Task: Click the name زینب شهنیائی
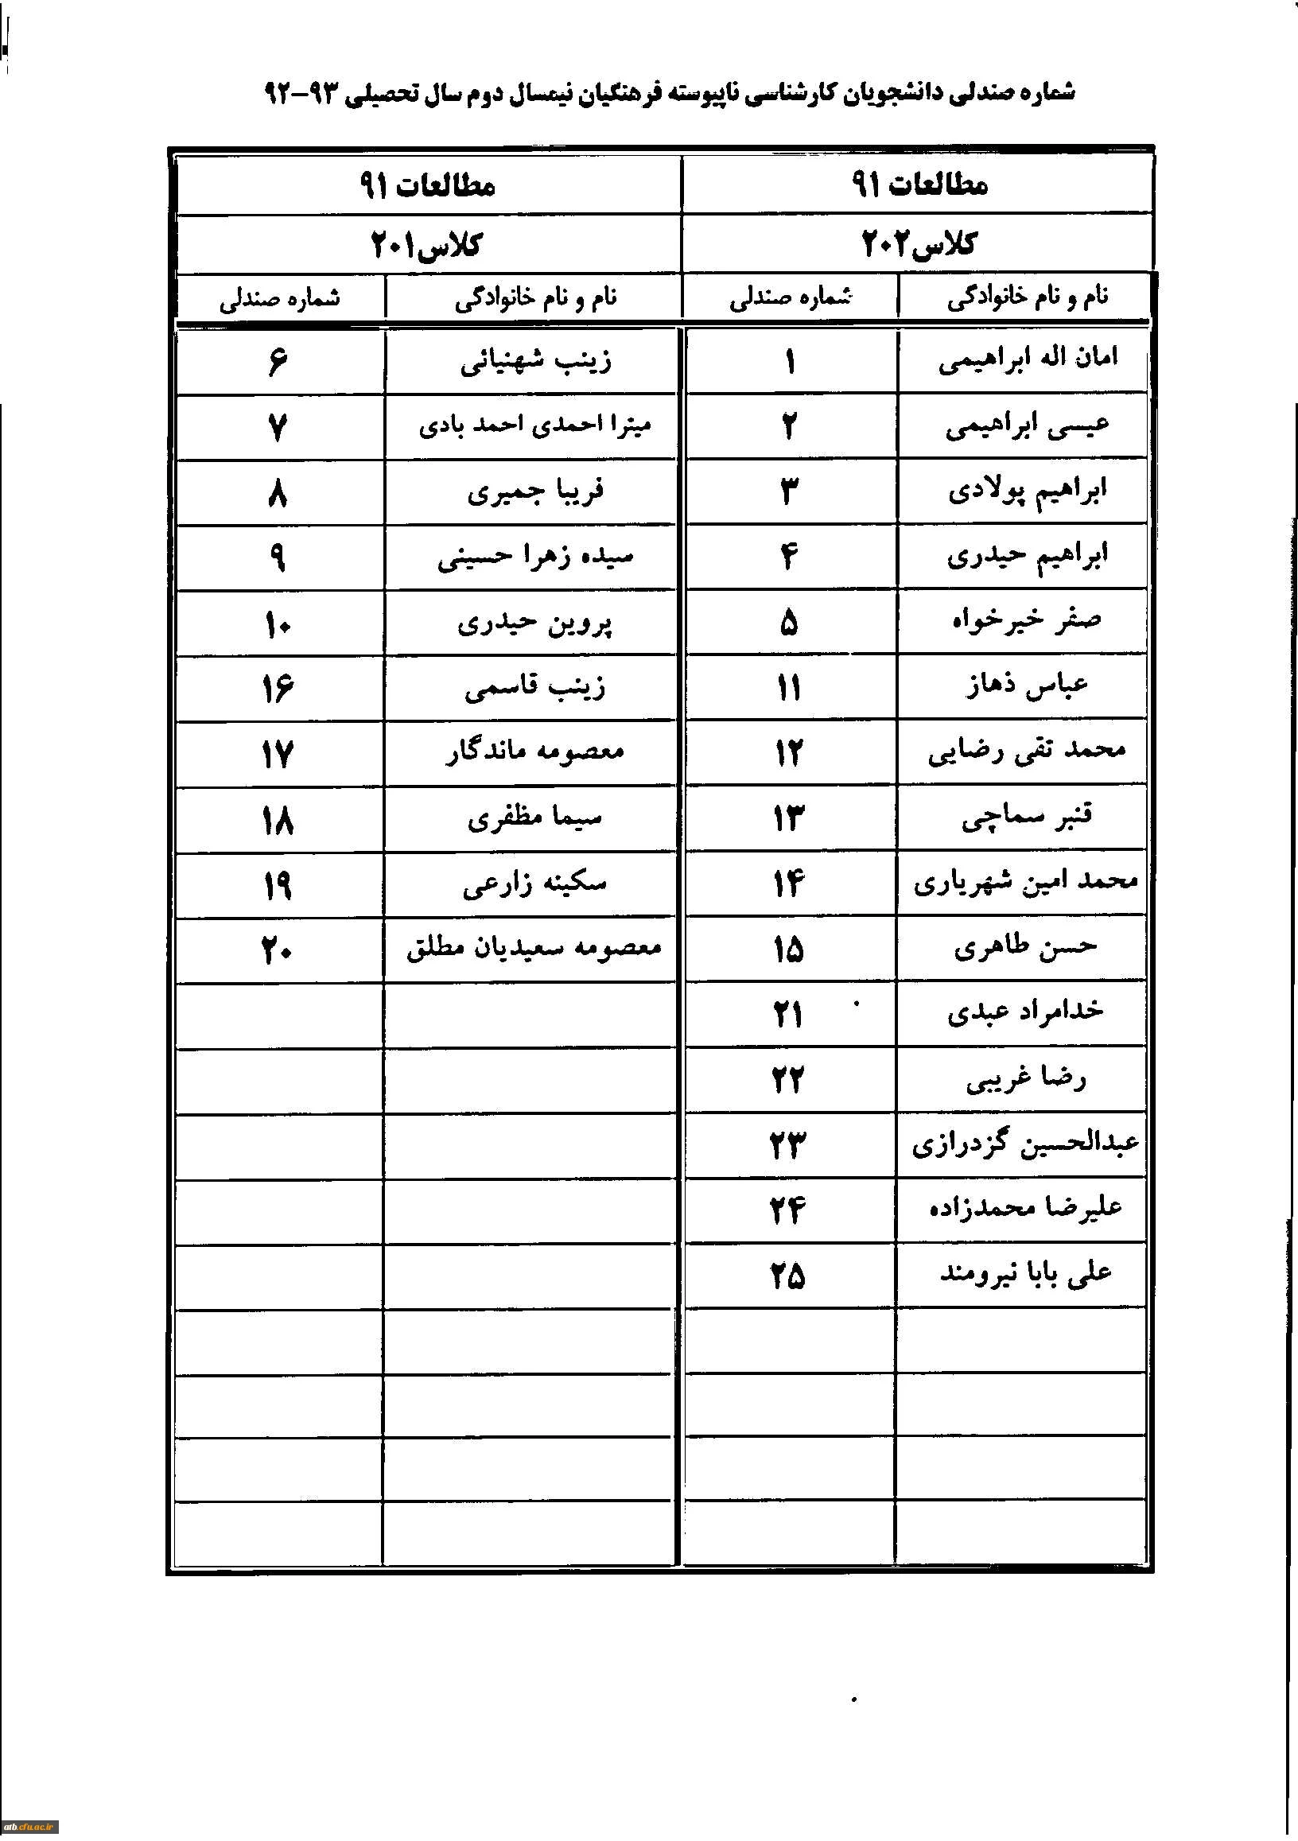coord(534,362)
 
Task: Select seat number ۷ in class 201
coord(277,427)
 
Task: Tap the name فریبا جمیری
coord(534,492)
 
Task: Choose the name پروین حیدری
coord(534,623)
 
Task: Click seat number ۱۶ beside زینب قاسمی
coord(277,689)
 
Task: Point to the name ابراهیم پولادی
coord(1027,491)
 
